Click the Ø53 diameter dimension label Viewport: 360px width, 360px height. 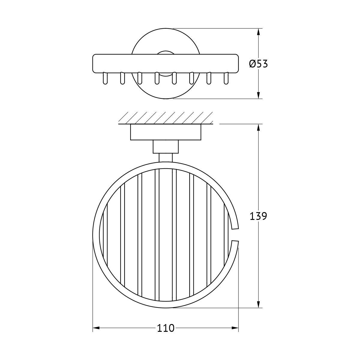coord(258,64)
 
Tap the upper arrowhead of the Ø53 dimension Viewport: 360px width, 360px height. coord(258,32)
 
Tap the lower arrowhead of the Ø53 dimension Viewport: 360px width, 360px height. coord(258,95)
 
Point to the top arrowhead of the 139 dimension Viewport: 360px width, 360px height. coord(258,127)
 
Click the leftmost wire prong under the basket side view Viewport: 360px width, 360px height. coord(105,78)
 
